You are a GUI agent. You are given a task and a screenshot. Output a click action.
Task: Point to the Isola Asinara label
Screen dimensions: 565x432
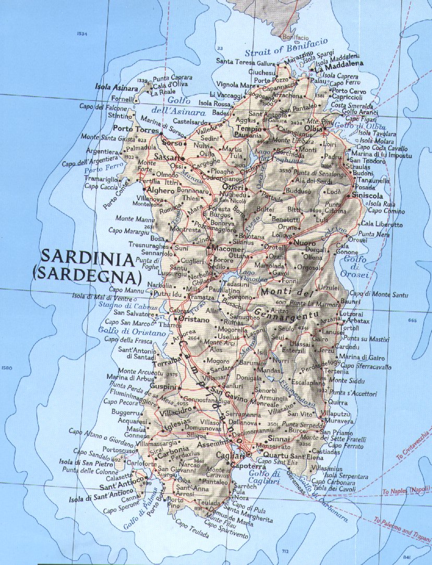click(x=113, y=88)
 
